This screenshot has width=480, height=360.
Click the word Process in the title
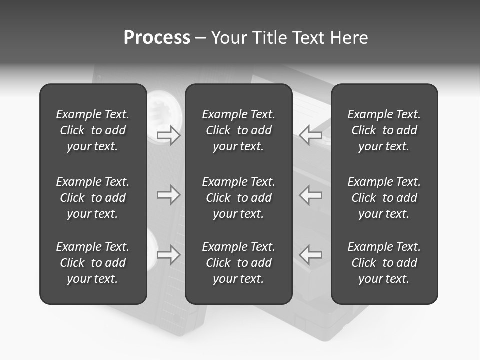(157, 38)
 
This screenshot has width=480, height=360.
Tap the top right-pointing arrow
(168, 135)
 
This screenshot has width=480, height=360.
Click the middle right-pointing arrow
(168, 195)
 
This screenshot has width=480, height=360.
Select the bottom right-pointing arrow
(168, 255)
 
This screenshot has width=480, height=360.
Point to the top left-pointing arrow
(311, 135)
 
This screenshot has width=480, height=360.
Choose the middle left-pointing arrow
(311, 195)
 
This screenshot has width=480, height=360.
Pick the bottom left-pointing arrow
(311, 255)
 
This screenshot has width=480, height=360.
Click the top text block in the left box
(93, 130)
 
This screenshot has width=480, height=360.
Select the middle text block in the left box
(93, 198)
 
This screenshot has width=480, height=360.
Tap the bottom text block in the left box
(93, 263)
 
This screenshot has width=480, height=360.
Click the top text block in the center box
(238, 130)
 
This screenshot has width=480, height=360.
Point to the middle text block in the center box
(238, 198)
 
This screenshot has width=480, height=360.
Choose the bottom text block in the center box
(238, 263)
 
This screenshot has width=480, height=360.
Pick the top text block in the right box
(384, 130)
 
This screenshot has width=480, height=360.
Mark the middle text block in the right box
(384, 198)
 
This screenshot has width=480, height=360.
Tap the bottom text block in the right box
(384, 263)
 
